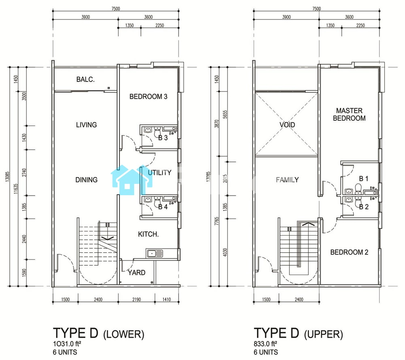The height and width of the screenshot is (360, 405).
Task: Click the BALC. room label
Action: click(85, 79)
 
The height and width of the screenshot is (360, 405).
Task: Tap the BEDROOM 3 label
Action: click(148, 97)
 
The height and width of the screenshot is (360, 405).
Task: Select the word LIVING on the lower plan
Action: click(86, 125)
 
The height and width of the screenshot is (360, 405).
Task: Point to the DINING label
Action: click(86, 180)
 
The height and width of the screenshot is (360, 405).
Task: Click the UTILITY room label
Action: click(159, 173)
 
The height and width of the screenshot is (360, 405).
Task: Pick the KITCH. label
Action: click(148, 234)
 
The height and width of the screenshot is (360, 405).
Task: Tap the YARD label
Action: click(136, 273)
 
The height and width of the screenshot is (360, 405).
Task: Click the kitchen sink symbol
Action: click(155, 253)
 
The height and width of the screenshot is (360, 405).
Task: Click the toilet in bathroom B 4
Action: click(157, 201)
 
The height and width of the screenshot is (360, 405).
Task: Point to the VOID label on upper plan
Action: click(287, 125)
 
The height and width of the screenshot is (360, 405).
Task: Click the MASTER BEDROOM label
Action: click(349, 115)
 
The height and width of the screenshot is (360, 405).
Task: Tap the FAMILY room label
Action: click(287, 180)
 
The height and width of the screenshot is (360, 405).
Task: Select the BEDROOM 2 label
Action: click(349, 252)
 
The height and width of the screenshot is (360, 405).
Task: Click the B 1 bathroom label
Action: click(364, 179)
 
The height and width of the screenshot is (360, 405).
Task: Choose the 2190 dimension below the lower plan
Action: click(136, 300)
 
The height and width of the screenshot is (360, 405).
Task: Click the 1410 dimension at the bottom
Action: click(166, 300)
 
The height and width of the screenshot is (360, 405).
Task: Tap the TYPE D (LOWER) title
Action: click(98, 333)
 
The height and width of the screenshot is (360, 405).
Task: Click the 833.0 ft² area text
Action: click(265, 344)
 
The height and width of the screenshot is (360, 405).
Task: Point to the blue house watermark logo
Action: click(132, 180)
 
